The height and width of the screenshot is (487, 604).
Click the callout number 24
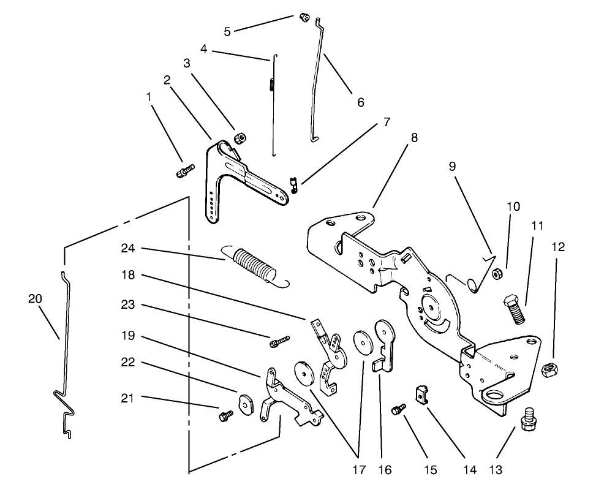point(128,249)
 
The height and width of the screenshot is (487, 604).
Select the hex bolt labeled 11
point(514,311)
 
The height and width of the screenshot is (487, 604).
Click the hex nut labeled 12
point(550,369)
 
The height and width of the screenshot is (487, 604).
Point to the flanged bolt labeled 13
point(527,422)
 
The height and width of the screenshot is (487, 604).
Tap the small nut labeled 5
point(302,17)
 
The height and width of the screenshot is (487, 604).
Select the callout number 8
point(415,138)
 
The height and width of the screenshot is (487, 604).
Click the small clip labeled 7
point(293,184)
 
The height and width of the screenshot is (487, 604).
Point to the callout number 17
point(358,470)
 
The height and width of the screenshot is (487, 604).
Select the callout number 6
point(360,102)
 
